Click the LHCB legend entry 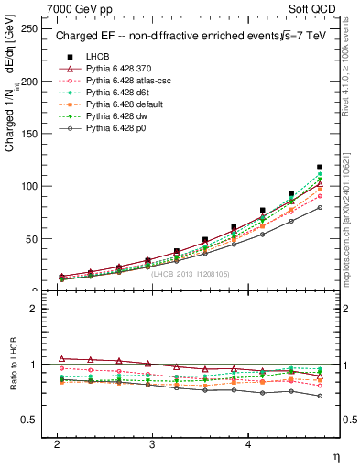[97, 56]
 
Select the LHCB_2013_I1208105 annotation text [190, 273]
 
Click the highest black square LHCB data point [320, 168]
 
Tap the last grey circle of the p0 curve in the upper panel [320, 208]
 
